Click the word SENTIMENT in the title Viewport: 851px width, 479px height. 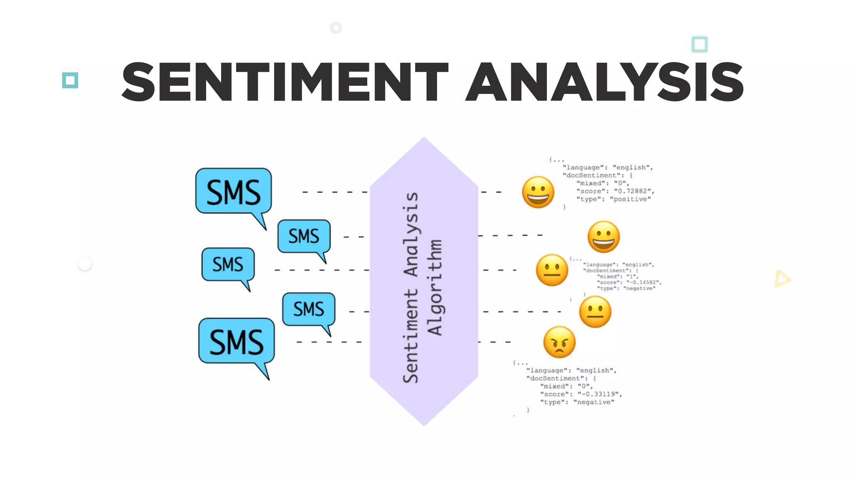(x=285, y=82)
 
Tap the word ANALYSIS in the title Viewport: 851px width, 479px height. (x=605, y=82)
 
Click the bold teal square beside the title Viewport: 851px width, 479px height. (x=70, y=80)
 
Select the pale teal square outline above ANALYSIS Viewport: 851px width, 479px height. (x=699, y=44)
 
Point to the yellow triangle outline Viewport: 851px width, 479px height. (x=782, y=279)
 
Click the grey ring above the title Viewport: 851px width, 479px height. (x=336, y=28)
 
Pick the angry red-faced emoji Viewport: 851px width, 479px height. (x=559, y=342)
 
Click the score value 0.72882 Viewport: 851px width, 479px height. (x=633, y=191)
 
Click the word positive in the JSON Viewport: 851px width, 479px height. (x=630, y=199)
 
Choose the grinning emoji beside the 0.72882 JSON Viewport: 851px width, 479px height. (x=538, y=192)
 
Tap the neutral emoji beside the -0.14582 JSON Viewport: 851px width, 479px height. (x=552, y=270)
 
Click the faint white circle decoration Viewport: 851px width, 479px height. (x=85, y=264)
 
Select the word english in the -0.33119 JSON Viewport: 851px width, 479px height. (x=596, y=370)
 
